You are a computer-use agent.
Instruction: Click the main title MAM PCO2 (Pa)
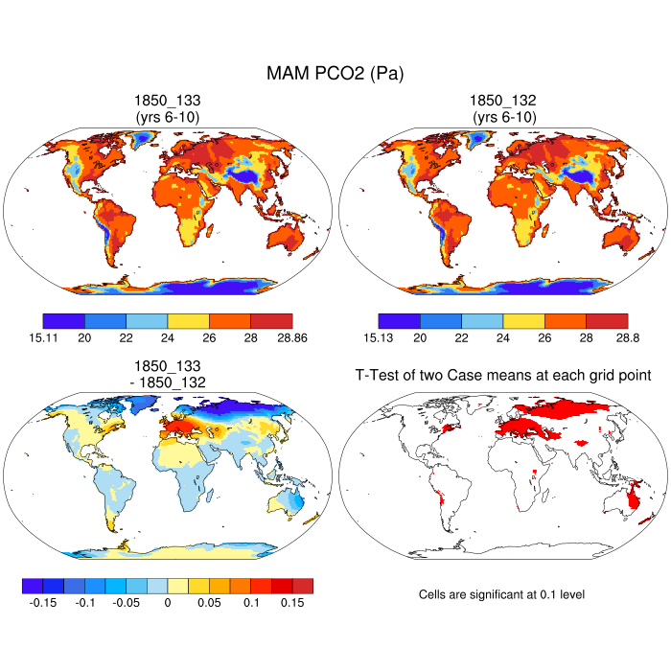click(x=335, y=73)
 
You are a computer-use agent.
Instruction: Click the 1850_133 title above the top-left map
click(x=167, y=100)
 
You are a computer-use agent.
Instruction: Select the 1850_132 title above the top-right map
click(x=502, y=100)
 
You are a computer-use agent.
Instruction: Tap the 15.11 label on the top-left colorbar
click(x=43, y=336)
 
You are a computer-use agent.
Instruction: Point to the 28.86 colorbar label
click(x=290, y=336)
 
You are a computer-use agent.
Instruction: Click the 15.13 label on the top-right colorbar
click(x=379, y=336)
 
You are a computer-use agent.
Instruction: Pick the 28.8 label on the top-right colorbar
click(x=627, y=336)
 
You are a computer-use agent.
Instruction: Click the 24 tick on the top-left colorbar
click(x=167, y=336)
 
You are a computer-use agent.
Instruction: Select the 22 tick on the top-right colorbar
click(x=461, y=336)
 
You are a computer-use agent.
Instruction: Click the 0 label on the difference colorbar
click(x=167, y=603)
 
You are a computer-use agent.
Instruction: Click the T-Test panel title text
click(x=502, y=377)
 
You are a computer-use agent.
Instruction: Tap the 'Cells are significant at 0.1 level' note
click(x=502, y=595)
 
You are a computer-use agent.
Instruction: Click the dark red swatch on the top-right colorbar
click(x=606, y=320)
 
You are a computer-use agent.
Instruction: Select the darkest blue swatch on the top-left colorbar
click(x=63, y=320)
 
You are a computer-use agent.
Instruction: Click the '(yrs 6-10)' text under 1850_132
click(x=502, y=116)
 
